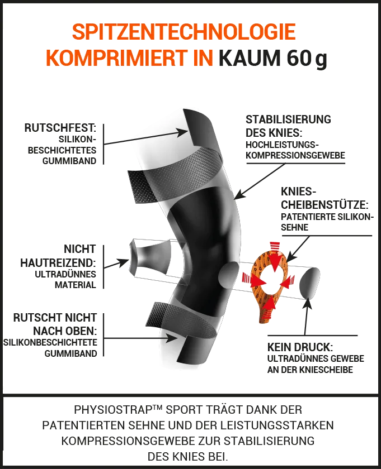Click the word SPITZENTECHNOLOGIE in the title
pos(184,32)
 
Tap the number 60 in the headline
pos(298,58)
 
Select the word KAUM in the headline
pos(250,58)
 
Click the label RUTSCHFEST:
pos(60,128)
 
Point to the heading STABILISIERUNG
pos(288,119)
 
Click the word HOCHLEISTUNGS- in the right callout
pos(282,145)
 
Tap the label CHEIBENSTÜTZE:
pos(324,205)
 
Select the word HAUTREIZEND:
pos(58,263)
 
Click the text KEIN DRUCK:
pos(300,347)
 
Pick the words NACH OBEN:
pos(65,331)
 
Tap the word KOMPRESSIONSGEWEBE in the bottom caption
pos(128,441)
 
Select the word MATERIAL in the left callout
pos(75,285)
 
